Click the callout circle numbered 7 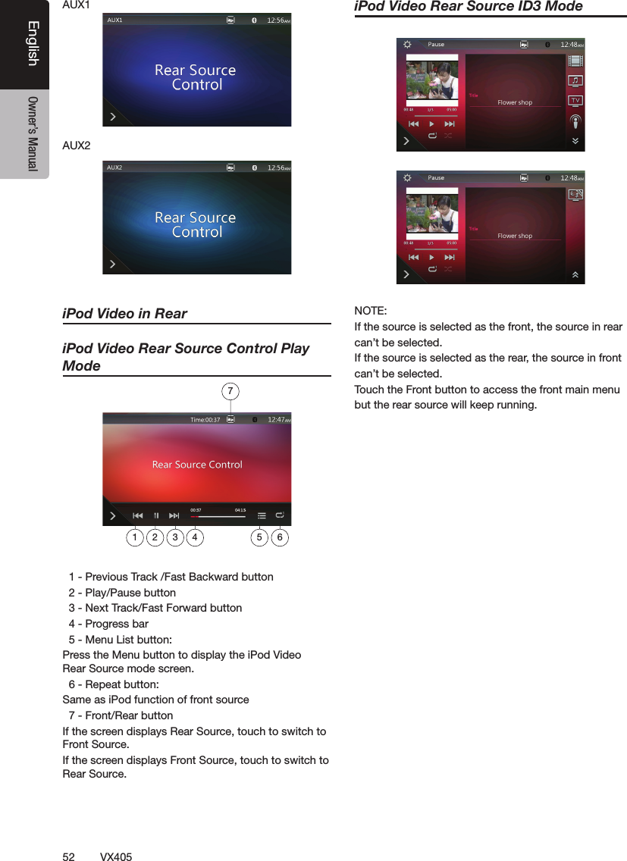click(x=231, y=391)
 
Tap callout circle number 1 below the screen click(x=134, y=537)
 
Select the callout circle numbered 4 click(x=195, y=537)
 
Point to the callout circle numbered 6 click(x=280, y=537)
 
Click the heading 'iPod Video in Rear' click(x=124, y=314)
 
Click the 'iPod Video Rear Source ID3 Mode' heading click(x=469, y=7)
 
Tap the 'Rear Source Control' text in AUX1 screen click(x=196, y=77)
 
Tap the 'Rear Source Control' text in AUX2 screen click(x=196, y=224)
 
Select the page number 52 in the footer click(x=68, y=856)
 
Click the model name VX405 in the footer click(x=116, y=856)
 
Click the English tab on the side click(x=33, y=45)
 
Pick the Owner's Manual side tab click(x=33, y=133)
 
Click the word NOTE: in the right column click(x=371, y=312)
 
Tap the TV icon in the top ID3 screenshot click(x=575, y=101)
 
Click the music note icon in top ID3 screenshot click(x=575, y=80)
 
